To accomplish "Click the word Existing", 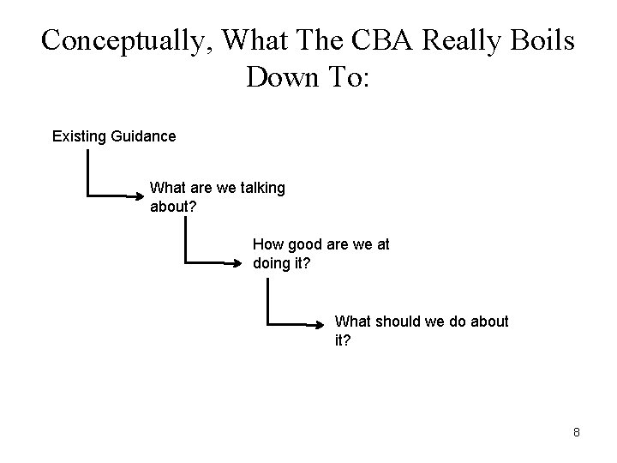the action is [79, 136].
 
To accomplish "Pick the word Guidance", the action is [143, 136].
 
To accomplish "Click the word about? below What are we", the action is [172, 207].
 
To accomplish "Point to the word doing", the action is [273, 263].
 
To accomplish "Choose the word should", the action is [401, 322].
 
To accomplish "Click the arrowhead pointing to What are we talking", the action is [142, 196].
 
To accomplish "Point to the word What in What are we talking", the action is [167, 188].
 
